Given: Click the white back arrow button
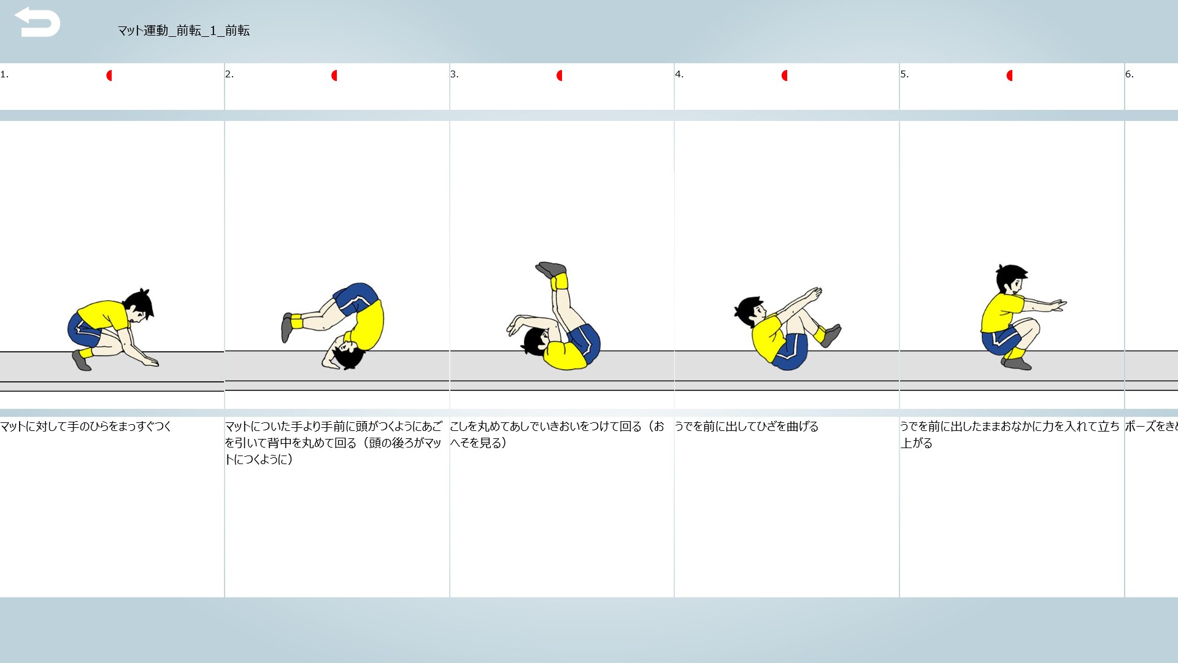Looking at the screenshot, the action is click(37, 23).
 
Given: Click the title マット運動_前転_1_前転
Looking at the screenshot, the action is click(183, 31).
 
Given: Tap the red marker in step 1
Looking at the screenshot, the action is click(109, 76).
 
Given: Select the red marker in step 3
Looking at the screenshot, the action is click(560, 76).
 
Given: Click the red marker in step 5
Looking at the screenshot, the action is click(1010, 76).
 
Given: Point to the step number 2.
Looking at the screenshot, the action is click(229, 74).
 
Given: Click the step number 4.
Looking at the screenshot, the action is click(679, 74).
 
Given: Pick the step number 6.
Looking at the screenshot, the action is click(1130, 74).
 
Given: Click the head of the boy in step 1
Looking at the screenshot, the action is click(139, 306).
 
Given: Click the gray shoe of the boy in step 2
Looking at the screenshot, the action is click(287, 328).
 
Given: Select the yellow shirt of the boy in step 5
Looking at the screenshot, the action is click(999, 312).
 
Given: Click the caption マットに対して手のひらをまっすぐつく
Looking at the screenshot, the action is click(86, 427).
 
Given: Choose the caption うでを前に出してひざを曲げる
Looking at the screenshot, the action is click(747, 427).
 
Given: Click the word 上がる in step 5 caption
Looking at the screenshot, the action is click(917, 443).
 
